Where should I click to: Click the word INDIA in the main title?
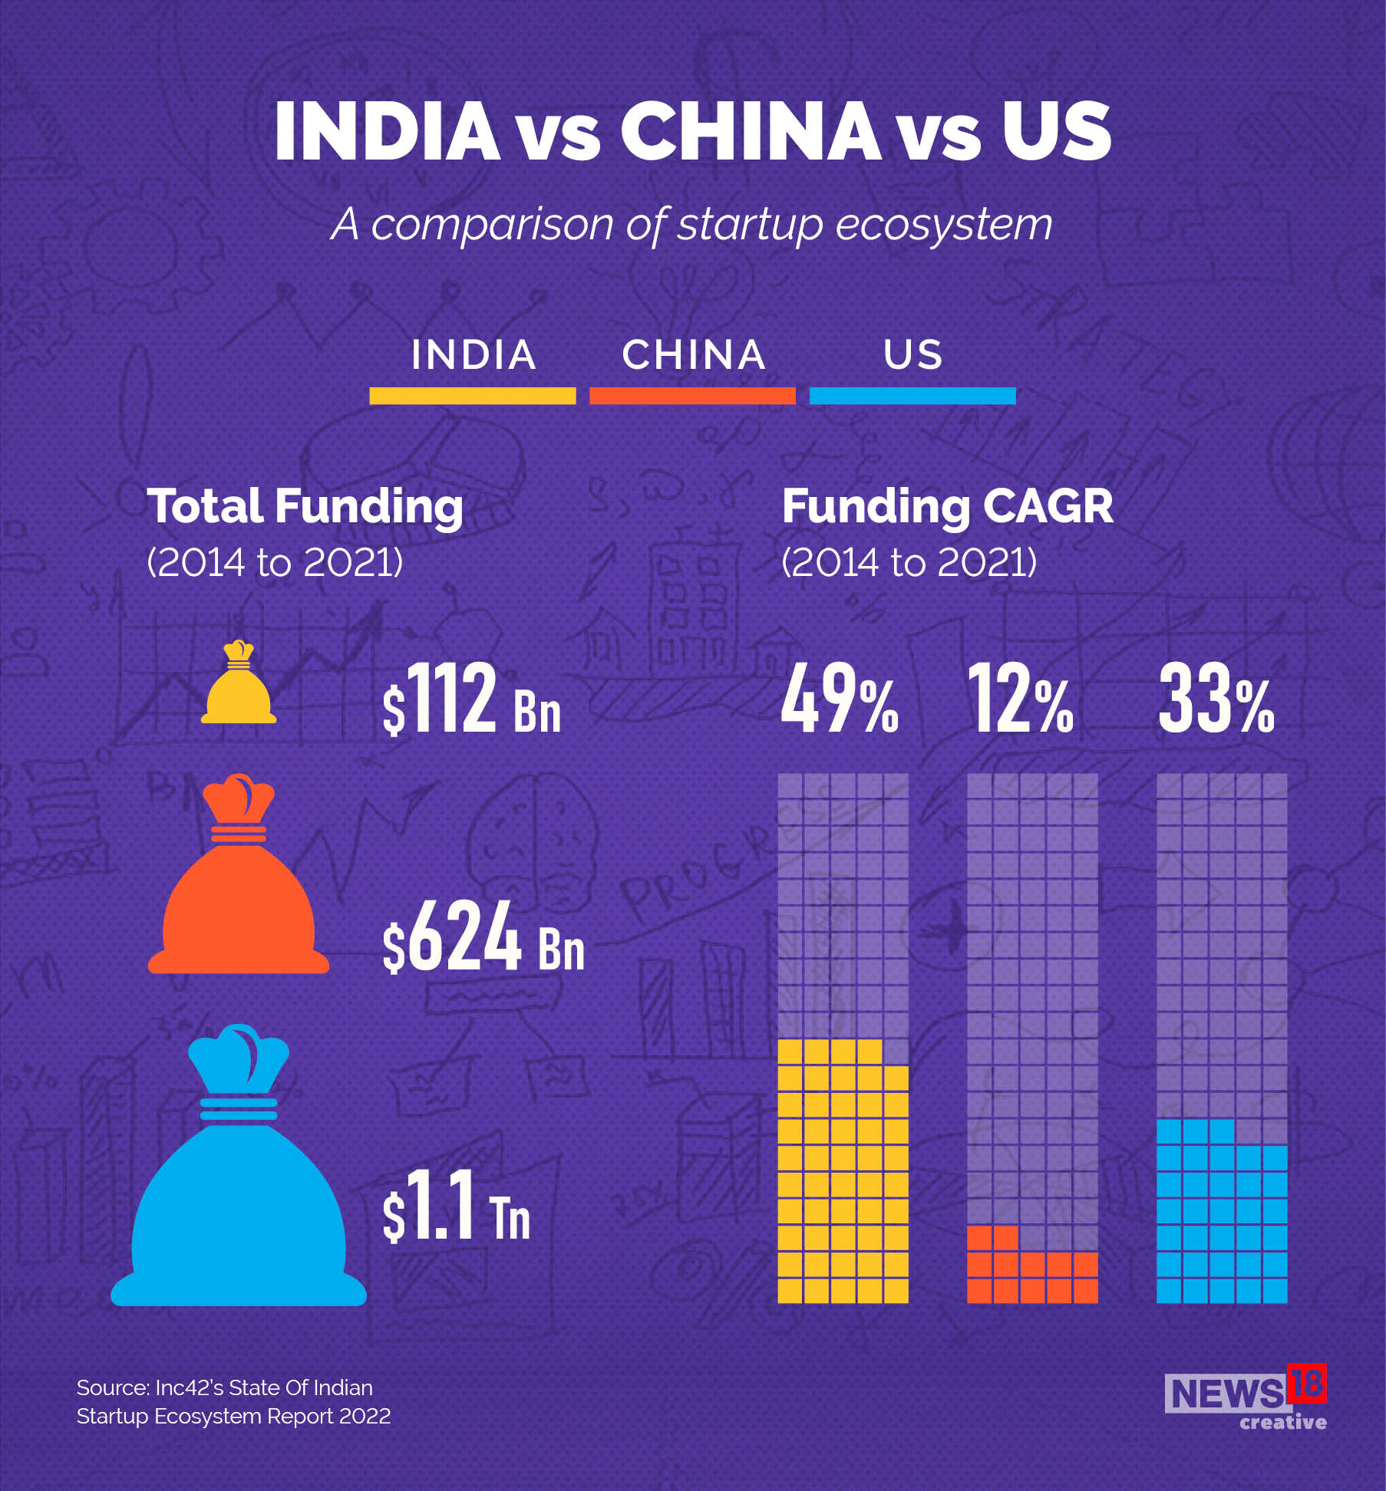[387, 131]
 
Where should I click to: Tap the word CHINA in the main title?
[750, 131]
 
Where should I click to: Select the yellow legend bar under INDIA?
[472, 396]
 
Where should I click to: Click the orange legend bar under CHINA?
[692, 396]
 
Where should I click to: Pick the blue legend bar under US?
[912, 396]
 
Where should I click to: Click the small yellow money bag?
[238, 685]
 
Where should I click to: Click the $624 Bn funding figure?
[483, 936]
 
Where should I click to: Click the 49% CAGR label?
[839, 699]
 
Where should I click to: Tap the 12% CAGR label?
[1019, 699]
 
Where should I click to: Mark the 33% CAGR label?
[1216, 699]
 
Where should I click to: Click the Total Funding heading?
[305, 507]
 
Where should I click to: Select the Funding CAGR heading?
[947, 507]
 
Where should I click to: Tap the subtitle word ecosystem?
[943, 225]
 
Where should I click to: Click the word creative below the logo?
[1282, 1422]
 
